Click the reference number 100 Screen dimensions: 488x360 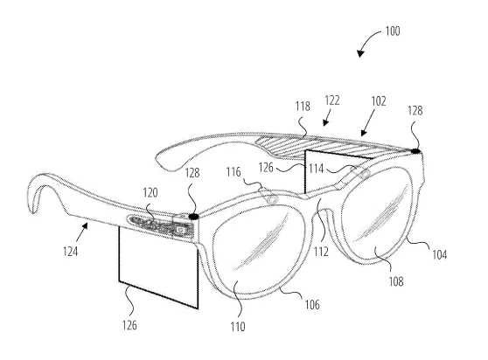click(x=393, y=31)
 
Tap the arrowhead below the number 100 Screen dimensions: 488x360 click(x=360, y=53)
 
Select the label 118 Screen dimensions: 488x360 click(x=303, y=107)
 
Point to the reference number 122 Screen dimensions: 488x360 click(x=332, y=100)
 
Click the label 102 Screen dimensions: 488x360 click(x=379, y=101)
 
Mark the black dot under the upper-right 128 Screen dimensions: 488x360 click(x=415, y=151)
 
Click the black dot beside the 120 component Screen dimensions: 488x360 click(x=194, y=217)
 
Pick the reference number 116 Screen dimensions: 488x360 click(x=234, y=172)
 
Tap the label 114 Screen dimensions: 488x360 click(x=317, y=169)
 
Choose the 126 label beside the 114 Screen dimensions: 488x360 click(x=266, y=168)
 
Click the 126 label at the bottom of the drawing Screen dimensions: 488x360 click(x=129, y=326)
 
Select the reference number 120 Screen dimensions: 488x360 click(x=150, y=193)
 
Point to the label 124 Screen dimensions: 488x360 click(x=70, y=251)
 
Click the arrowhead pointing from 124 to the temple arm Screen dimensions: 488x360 click(x=85, y=225)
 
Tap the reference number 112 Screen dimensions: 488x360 click(x=321, y=252)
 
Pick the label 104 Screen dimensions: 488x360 click(x=439, y=254)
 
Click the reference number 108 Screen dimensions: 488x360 click(x=396, y=281)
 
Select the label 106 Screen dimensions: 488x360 click(x=312, y=305)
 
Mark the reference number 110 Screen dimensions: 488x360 click(x=238, y=327)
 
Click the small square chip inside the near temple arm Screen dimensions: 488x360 click(x=180, y=230)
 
